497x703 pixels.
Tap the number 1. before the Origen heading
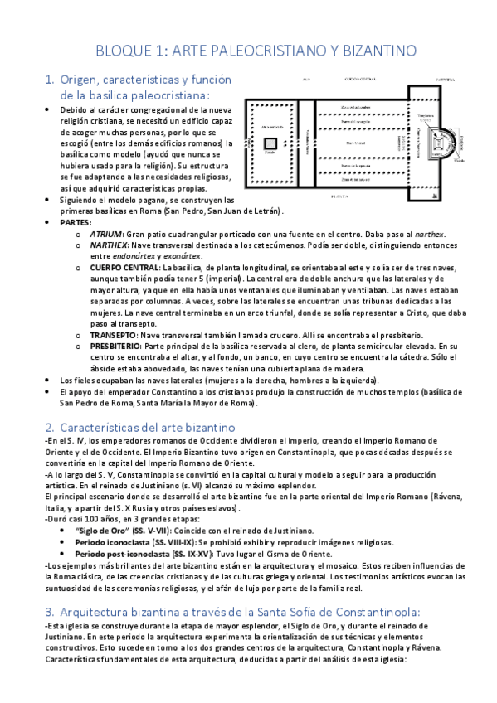[49, 80]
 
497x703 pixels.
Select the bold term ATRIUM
[106, 234]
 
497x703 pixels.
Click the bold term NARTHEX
[110, 245]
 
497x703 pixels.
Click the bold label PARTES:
[77, 223]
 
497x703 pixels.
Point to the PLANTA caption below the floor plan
[339, 197]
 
